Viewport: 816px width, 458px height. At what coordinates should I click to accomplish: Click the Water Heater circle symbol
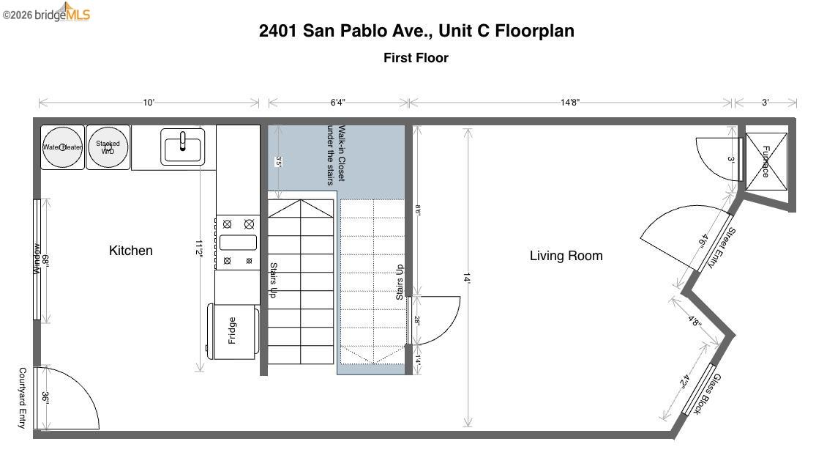(x=62, y=147)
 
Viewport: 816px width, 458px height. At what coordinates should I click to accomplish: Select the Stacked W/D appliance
(x=108, y=147)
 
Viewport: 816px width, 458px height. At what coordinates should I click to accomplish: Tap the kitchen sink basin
(x=183, y=147)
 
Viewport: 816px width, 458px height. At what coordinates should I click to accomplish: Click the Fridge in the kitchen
(x=233, y=331)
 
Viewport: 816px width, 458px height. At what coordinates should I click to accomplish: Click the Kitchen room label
(x=131, y=251)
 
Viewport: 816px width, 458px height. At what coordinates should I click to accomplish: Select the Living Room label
(x=566, y=256)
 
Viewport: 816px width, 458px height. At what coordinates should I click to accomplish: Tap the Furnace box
(x=766, y=161)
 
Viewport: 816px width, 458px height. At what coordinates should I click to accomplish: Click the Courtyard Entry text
(x=23, y=398)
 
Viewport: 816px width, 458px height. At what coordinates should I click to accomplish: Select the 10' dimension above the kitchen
(x=149, y=103)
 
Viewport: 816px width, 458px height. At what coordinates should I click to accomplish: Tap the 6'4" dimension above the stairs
(x=337, y=103)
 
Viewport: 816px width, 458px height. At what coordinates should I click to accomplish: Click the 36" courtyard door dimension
(x=45, y=398)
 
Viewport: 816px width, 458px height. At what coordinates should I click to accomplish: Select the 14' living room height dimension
(x=467, y=278)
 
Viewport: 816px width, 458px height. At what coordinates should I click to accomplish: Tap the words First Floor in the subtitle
(x=416, y=58)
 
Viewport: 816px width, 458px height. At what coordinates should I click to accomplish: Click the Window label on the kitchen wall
(x=36, y=259)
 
